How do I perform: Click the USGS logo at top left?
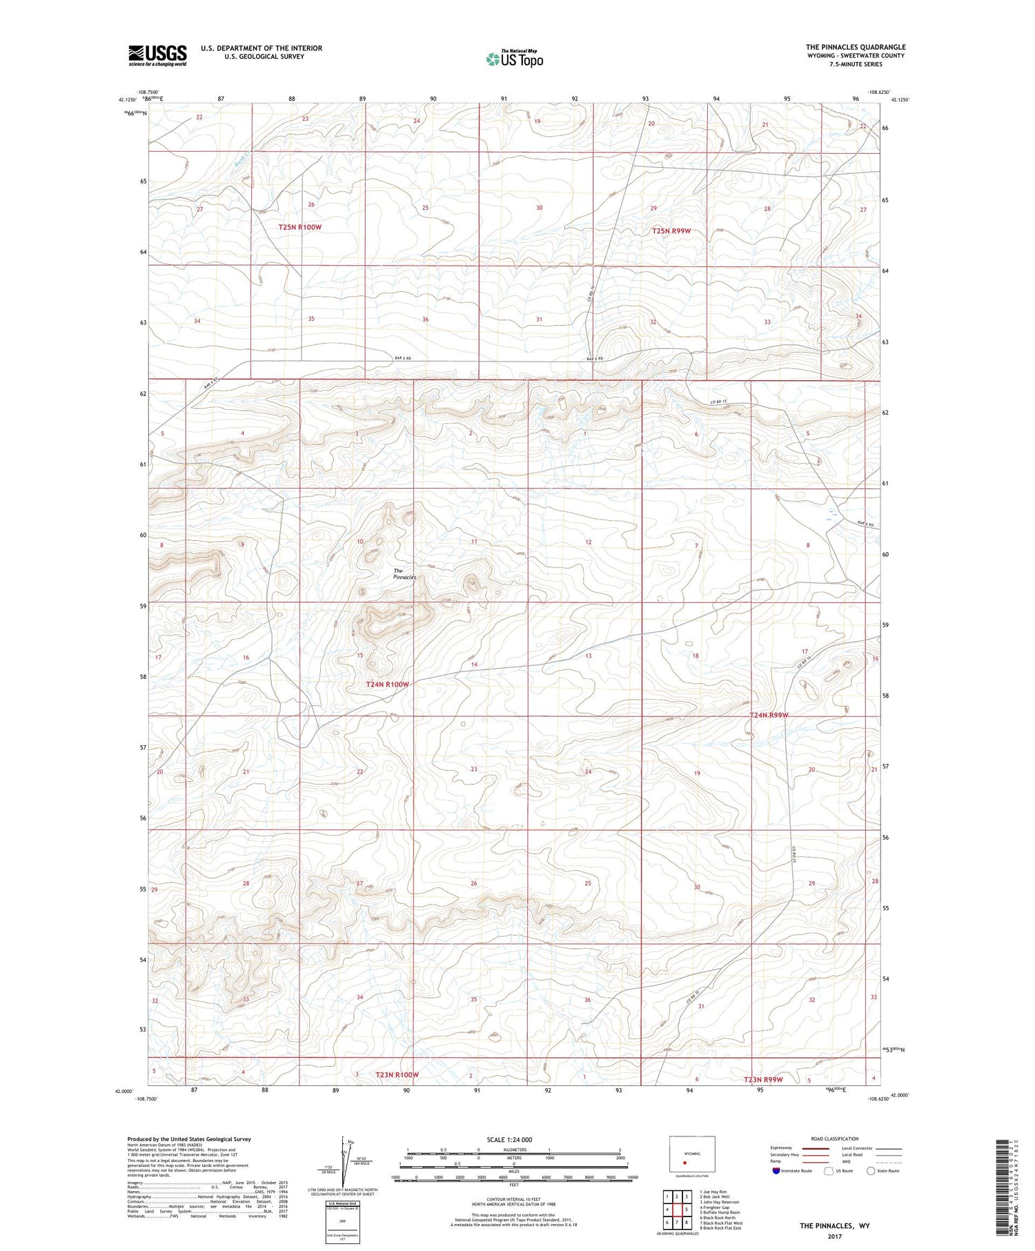pyautogui.click(x=157, y=55)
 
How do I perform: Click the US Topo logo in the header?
pyautogui.click(x=514, y=59)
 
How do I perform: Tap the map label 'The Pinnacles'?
pyautogui.click(x=404, y=574)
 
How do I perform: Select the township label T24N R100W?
pyautogui.click(x=387, y=684)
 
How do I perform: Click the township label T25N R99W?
pyautogui.click(x=671, y=231)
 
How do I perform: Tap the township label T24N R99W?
pyautogui.click(x=768, y=716)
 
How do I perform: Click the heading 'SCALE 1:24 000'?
pyautogui.click(x=509, y=1140)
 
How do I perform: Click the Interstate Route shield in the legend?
pyautogui.click(x=776, y=1171)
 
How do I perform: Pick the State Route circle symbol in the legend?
pyautogui.click(x=871, y=1171)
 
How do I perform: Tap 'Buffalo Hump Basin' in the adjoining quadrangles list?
pyautogui.click(x=720, y=1212)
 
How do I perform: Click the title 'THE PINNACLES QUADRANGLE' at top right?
pyautogui.click(x=855, y=47)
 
